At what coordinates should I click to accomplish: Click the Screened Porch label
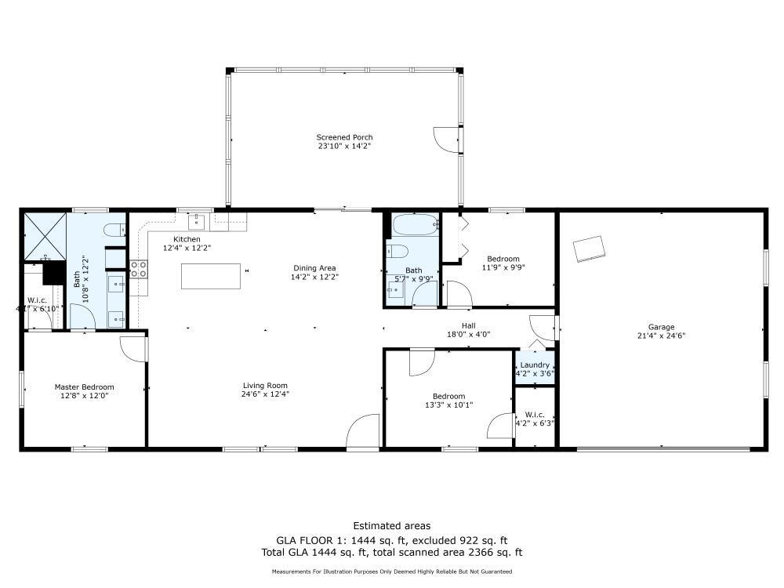coord(344,137)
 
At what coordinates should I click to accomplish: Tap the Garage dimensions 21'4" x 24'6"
coord(661,336)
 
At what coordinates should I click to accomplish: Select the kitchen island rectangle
coord(210,276)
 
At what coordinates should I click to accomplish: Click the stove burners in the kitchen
coord(139,269)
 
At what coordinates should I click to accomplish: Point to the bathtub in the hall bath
coord(416,225)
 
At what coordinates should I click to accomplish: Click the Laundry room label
coord(535,365)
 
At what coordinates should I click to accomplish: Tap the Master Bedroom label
coord(84,387)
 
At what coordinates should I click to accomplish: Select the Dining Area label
coord(314,268)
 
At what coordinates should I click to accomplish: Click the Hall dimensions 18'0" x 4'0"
coord(469,334)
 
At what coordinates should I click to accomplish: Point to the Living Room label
coord(265,386)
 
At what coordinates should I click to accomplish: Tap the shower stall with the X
coord(45,236)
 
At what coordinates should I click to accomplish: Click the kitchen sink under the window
coord(197,222)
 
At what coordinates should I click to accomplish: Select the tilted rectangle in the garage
coord(589,249)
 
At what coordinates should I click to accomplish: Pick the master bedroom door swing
coord(133,349)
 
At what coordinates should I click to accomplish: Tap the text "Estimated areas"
coord(391,525)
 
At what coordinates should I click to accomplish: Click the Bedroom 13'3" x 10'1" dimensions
coord(449,405)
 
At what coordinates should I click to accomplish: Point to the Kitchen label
coord(187,239)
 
